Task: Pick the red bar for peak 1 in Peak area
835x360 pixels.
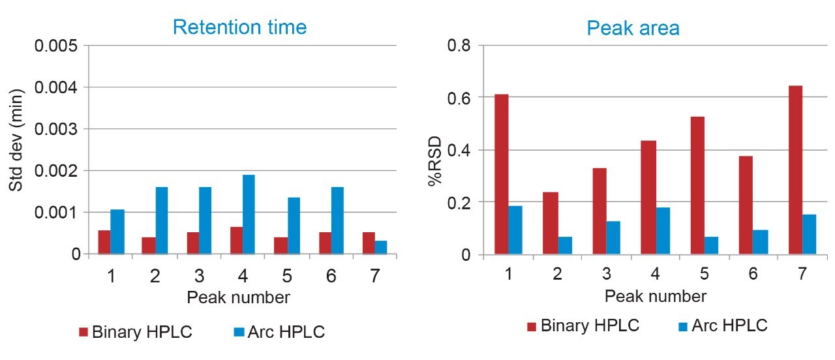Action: coord(501,174)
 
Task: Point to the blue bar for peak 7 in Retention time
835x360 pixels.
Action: coord(381,247)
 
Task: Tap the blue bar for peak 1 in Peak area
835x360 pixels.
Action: coord(515,230)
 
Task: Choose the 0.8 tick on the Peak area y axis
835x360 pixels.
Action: coord(461,46)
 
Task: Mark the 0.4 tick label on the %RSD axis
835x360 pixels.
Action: coord(461,151)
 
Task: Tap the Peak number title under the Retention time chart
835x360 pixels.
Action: coord(238,298)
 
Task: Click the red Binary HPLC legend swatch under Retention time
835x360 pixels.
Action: coord(83,332)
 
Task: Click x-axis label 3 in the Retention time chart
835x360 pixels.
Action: coord(199,276)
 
